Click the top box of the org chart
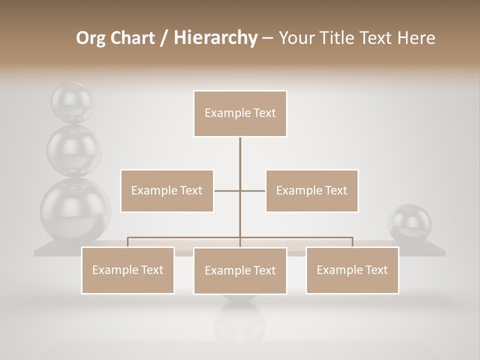240,113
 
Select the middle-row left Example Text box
167,190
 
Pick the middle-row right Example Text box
311,190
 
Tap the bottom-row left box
128,270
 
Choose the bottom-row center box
240,270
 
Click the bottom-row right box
352,270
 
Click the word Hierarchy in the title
215,38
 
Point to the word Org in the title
90,38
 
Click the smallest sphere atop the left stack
72,102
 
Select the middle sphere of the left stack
74,150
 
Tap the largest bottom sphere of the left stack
75,210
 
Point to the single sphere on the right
410,223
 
